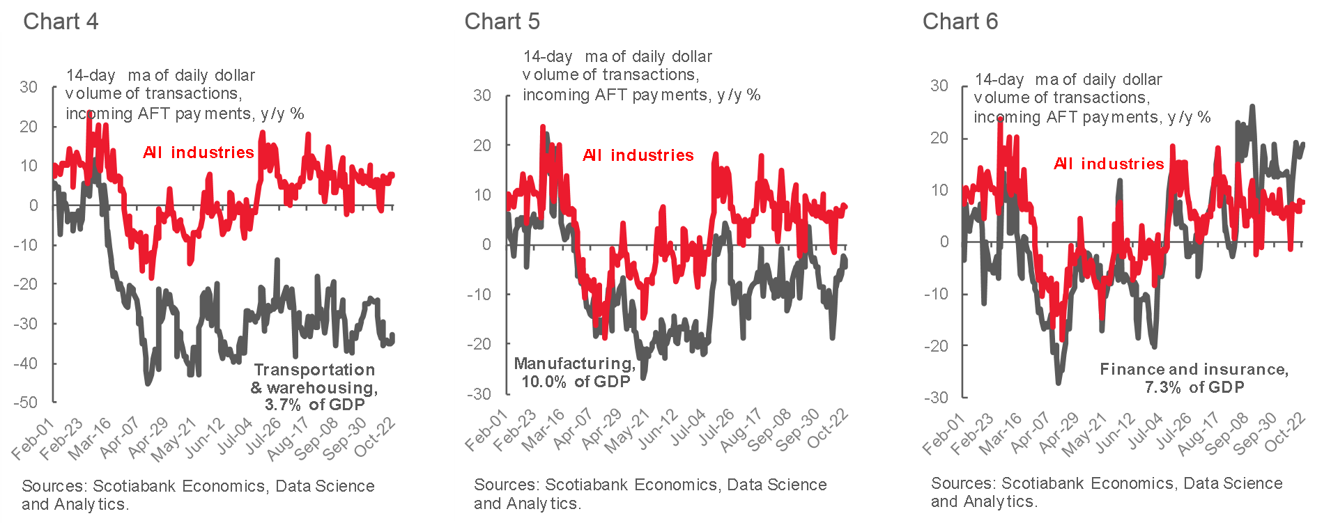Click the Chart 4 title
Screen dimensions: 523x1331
coord(61,22)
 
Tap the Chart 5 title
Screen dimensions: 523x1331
coord(502,22)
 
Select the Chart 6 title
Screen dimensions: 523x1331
coord(960,22)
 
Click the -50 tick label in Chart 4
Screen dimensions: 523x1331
coord(25,403)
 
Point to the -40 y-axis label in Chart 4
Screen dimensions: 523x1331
coord(25,364)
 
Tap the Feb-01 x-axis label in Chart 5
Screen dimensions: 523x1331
coord(486,430)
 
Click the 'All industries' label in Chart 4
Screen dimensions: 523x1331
coord(199,153)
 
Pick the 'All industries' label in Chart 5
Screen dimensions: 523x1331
coord(638,155)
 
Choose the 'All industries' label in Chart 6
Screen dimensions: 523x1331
coord(1109,164)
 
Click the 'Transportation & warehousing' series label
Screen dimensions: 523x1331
coord(314,387)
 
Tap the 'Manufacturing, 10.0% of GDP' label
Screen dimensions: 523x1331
coord(575,373)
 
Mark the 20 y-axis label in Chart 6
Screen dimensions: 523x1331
coord(939,138)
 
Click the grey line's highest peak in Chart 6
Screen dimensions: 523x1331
coord(1252,107)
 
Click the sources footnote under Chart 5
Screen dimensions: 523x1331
coord(650,494)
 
